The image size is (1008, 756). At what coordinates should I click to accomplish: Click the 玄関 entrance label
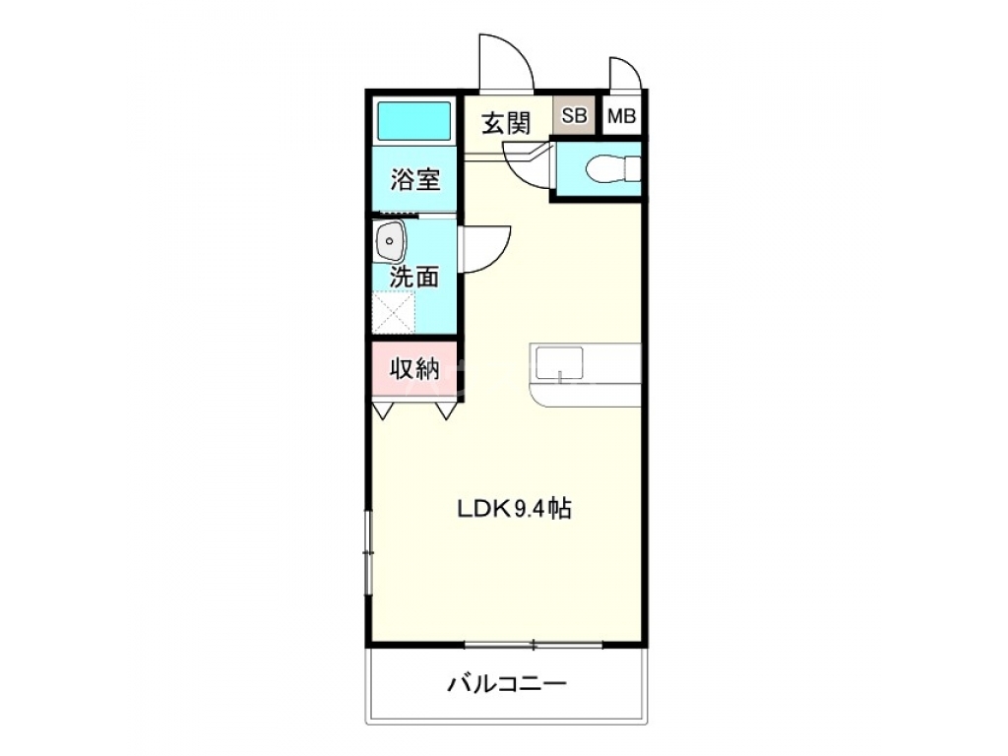507,123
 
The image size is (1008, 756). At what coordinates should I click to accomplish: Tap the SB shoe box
574,116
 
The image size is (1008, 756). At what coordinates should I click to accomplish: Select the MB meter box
621,116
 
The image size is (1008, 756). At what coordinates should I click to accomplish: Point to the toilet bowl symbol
610,170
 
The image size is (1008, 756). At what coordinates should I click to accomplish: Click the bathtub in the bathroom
414,122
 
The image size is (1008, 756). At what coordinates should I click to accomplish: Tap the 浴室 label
414,180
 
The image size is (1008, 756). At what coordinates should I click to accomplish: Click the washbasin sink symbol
390,241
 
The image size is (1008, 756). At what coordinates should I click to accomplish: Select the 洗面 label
414,278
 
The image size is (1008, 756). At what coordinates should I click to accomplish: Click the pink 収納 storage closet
414,369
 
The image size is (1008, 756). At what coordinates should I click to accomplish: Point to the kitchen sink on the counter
558,364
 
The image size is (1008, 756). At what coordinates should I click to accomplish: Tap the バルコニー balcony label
507,684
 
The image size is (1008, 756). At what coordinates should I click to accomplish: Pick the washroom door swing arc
487,248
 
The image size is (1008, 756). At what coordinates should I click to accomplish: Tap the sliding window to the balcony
533,645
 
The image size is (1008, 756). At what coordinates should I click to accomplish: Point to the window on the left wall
368,552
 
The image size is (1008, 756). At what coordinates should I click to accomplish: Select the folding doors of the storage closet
414,409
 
